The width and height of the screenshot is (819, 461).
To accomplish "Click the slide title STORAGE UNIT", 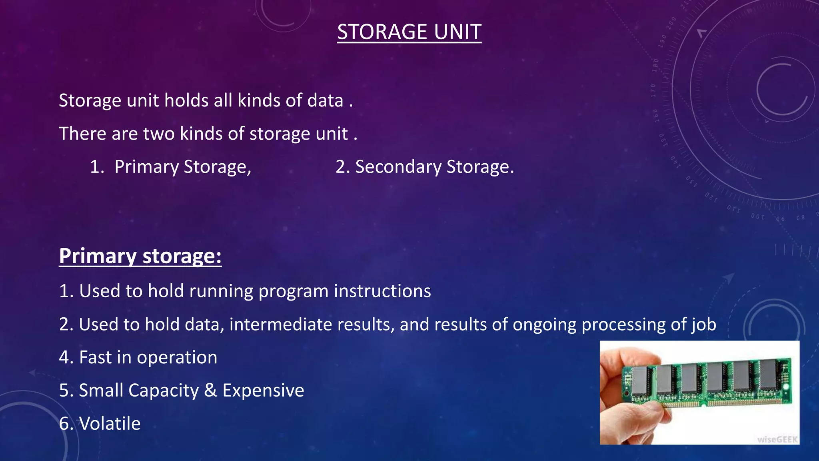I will point(409,32).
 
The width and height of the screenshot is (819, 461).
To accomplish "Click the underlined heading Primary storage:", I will point(140,256).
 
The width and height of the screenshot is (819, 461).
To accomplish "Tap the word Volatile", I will point(110,423).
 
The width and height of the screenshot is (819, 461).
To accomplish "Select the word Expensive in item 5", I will point(263,390).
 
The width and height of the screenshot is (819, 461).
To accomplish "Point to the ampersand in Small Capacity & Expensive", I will point(210,390).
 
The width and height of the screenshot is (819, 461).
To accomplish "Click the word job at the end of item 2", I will point(703,325).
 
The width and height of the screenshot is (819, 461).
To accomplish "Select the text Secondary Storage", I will point(434,167).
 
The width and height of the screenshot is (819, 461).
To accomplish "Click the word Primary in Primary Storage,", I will point(146,167).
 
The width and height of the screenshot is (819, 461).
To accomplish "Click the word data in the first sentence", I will point(325,100).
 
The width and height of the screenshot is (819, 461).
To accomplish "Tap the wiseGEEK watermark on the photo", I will point(777,439).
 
